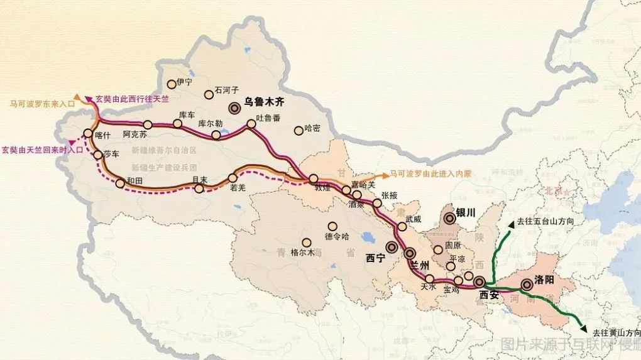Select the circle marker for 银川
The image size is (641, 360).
pos(449,219)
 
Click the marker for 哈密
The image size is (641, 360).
pos(299,131)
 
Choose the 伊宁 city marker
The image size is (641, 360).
pos(171,84)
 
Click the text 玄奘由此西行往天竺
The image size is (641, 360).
pos(133,99)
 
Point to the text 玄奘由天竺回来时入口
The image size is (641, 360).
pos(42,150)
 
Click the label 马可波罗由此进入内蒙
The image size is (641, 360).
pos(430,173)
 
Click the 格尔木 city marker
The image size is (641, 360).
pos(307,243)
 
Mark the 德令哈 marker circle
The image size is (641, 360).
pos(332,227)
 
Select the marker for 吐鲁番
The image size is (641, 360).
pos(251,124)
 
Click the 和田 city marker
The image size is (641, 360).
pos(120,183)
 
